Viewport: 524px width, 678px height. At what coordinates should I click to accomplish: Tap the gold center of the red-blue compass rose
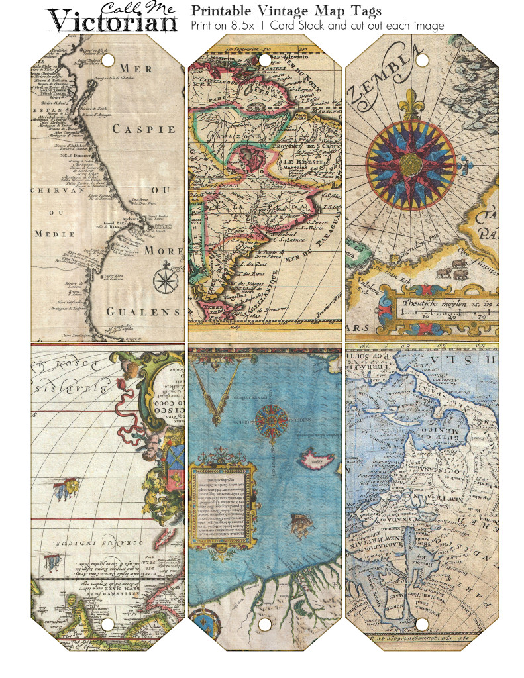411,161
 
